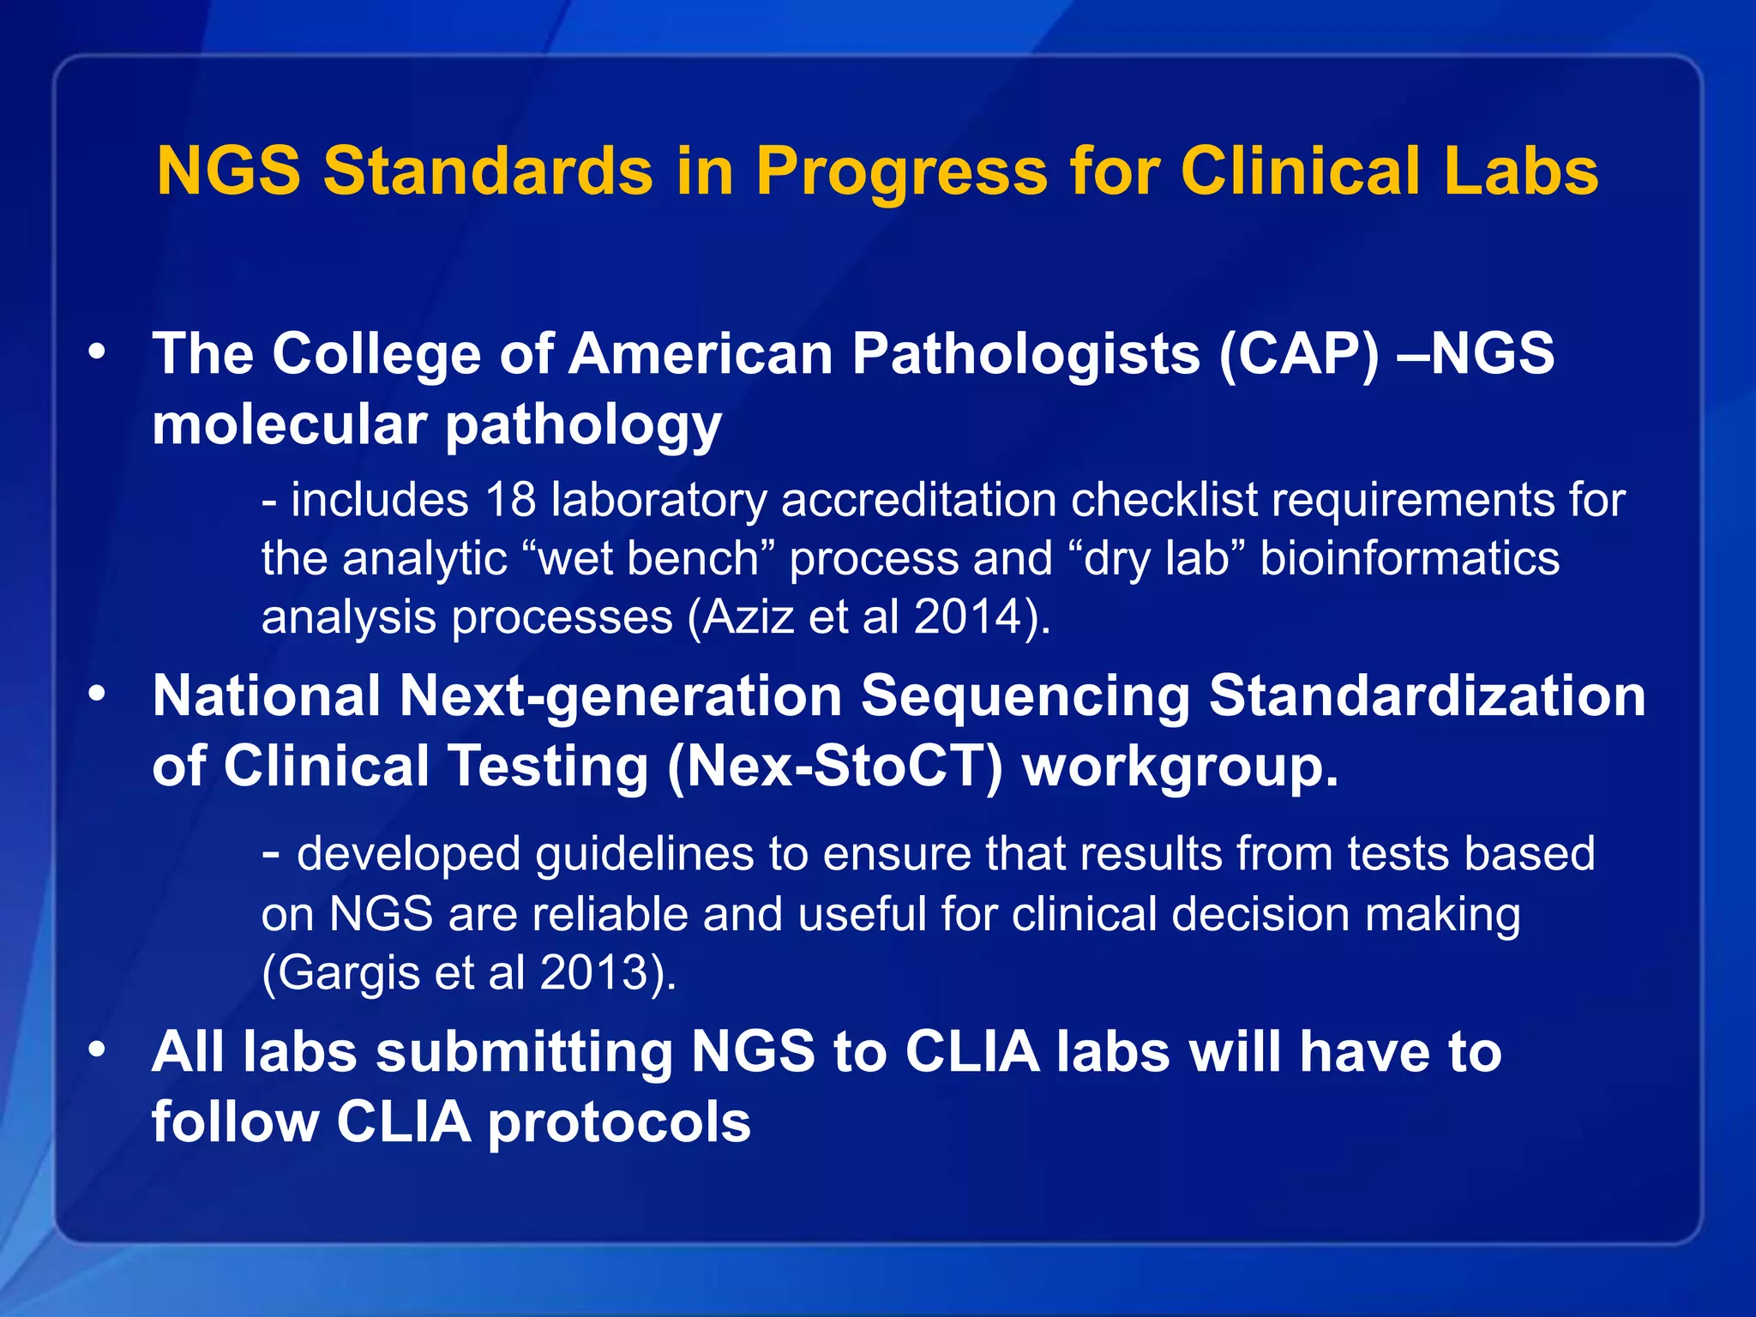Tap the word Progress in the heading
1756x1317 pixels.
(901, 170)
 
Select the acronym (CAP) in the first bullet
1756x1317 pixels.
(1299, 353)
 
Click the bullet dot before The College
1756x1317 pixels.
(97, 352)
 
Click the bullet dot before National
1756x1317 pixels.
(97, 693)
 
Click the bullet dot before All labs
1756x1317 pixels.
(97, 1049)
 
